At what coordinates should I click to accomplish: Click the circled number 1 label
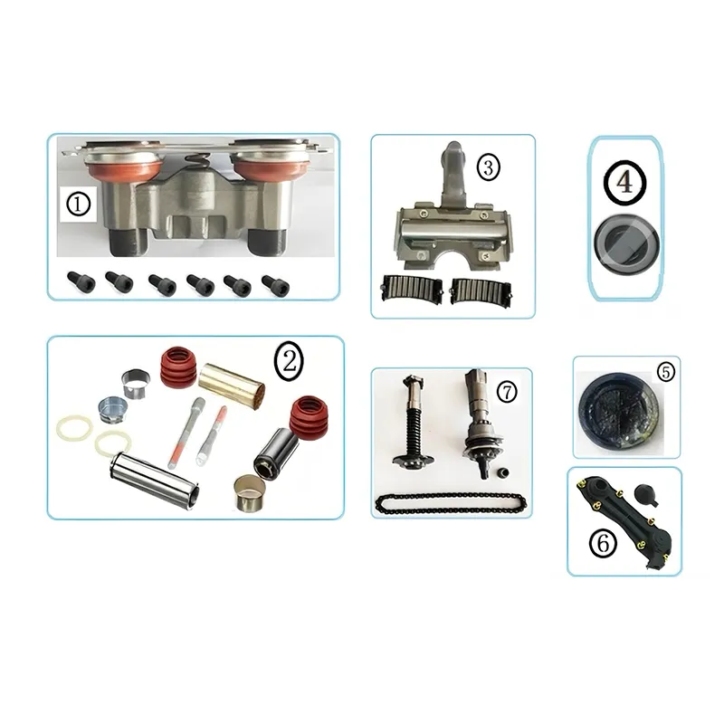pyautogui.click(x=78, y=205)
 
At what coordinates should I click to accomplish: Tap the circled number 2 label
pyautogui.click(x=289, y=361)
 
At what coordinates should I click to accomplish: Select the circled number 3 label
pyautogui.click(x=488, y=167)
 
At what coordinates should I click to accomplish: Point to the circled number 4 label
pyautogui.click(x=624, y=183)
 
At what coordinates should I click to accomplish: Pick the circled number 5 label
pyautogui.click(x=665, y=372)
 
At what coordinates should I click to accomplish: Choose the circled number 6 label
pyautogui.click(x=604, y=543)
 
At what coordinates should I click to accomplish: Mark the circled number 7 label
pyautogui.click(x=507, y=392)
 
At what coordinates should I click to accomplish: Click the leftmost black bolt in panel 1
pyautogui.click(x=81, y=281)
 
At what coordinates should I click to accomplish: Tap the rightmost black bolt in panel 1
pyautogui.click(x=276, y=285)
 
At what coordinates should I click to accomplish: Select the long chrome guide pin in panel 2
pyautogui.click(x=155, y=481)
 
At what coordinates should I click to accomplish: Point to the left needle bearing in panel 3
pyautogui.click(x=412, y=289)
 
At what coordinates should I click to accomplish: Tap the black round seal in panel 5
pyautogui.click(x=618, y=411)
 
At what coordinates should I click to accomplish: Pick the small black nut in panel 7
pyautogui.click(x=504, y=473)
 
